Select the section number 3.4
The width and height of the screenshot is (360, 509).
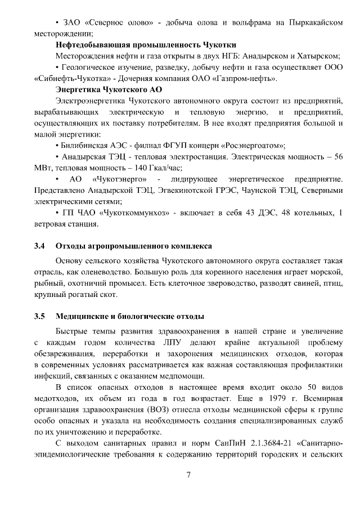(39, 246)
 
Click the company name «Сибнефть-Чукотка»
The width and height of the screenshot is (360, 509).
(70, 78)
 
